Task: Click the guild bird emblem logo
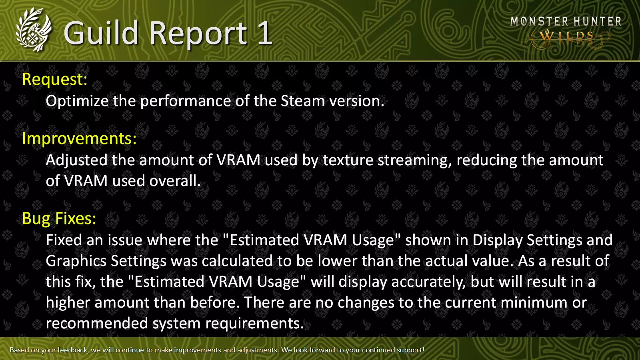(x=34, y=30)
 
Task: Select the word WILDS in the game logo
(x=567, y=36)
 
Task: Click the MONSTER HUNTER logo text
(x=566, y=22)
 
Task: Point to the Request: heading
(x=54, y=79)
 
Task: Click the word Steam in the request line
(x=303, y=101)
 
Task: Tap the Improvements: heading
(x=80, y=139)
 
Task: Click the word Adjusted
(x=76, y=160)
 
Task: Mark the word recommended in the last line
(x=97, y=324)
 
